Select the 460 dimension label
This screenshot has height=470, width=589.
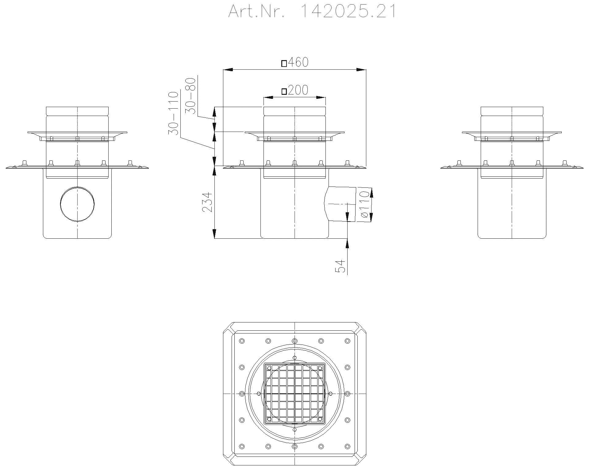[298, 62]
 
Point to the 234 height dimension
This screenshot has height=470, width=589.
[207, 202]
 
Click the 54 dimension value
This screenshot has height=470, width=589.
[340, 266]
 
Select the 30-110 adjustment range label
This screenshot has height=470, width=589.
[173, 113]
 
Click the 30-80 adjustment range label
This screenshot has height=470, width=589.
[191, 96]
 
